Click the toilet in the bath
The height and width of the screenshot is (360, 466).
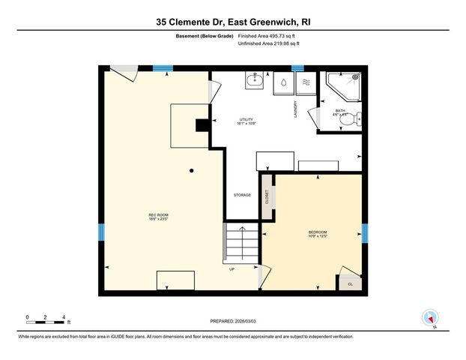tap(357, 118)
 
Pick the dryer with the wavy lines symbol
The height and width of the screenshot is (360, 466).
tap(304, 83)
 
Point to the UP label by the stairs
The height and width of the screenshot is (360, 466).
tap(232, 269)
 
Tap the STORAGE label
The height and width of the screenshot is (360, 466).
tap(241, 195)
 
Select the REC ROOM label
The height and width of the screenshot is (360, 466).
tap(157, 217)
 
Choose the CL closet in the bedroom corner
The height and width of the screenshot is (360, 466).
tap(350, 283)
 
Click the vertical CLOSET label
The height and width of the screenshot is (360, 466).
tap(267, 197)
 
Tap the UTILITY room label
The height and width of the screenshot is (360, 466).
tap(246, 121)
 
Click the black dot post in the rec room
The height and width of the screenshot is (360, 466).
tap(193, 170)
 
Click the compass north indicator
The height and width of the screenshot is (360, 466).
tap(430, 318)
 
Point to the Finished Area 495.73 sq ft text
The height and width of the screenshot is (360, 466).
tap(267, 36)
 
